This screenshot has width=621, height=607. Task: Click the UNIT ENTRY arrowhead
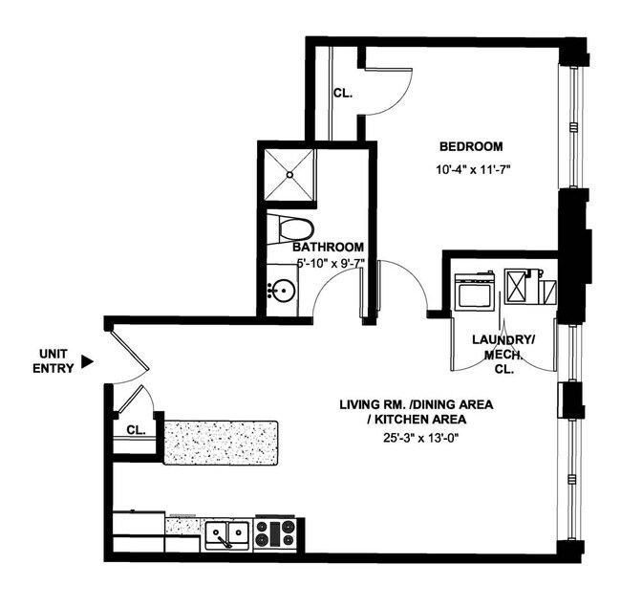(x=88, y=361)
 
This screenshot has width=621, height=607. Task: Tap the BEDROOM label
(x=471, y=146)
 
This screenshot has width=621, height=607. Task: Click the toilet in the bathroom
(x=290, y=228)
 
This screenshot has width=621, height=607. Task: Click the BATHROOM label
(x=328, y=246)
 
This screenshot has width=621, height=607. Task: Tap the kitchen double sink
(x=227, y=533)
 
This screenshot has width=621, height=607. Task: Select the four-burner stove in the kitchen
(x=280, y=533)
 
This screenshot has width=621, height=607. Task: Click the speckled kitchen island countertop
(x=220, y=442)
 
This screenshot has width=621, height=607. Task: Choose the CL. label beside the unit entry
(x=136, y=430)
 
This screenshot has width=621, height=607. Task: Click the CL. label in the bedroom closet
(x=343, y=94)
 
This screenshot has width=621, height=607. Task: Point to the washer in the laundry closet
(x=474, y=291)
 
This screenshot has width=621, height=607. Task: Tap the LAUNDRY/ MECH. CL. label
(x=503, y=354)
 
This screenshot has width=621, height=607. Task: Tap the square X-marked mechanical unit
(x=518, y=287)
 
